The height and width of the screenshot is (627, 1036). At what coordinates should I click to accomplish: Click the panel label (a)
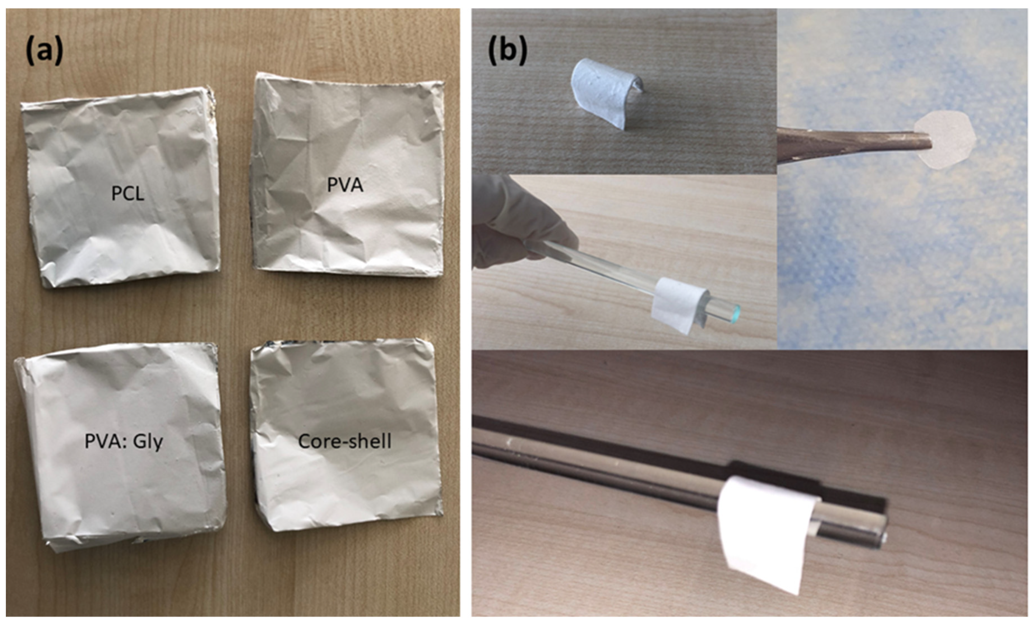tap(44, 50)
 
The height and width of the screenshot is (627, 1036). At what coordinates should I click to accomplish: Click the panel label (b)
tap(507, 50)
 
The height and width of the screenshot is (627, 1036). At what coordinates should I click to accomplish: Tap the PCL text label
tap(127, 193)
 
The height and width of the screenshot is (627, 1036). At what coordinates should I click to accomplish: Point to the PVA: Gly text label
tap(124, 442)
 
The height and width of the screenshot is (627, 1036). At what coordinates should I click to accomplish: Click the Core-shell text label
tap(345, 441)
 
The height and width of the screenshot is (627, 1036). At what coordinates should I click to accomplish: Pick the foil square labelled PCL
tap(122, 227)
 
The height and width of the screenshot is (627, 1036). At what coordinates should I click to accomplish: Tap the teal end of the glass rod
tap(735, 313)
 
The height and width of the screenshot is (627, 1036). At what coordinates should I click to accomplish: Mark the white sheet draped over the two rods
tap(757, 534)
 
